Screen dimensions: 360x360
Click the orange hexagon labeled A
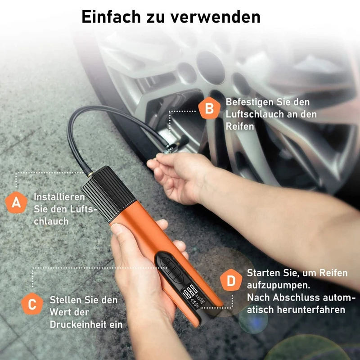point(16,202)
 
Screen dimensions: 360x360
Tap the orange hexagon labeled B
point(209,108)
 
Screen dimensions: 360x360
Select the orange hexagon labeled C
point(32,305)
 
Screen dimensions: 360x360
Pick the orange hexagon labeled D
point(231,282)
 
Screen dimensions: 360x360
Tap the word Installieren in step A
point(59,197)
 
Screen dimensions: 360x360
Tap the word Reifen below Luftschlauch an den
point(240,126)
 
